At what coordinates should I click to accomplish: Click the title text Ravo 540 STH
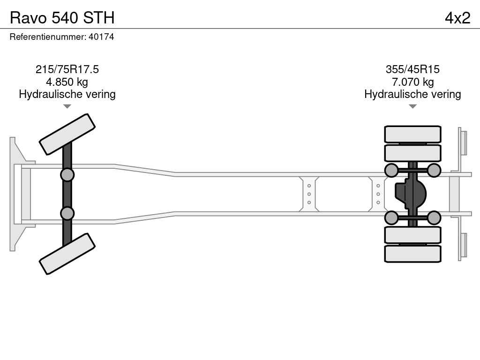click(x=62, y=18)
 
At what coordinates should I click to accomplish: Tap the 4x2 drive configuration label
click(x=457, y=18)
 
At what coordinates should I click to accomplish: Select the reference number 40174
click(x=101, y=37)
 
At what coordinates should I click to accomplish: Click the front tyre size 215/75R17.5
click(x=67, y=69)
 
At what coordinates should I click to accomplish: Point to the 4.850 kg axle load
click(x=67, y=82)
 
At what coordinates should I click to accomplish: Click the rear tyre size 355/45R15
click(x=412, y=69)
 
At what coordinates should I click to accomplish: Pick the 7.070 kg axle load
click(x=412, y=82)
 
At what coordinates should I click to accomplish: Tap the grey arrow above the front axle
click(x=67, y=106)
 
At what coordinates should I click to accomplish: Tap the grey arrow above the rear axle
click(x=412, y=106)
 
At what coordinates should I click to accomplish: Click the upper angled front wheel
click(x=67, y=135)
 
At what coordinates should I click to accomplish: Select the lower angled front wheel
click(x=67, y=254)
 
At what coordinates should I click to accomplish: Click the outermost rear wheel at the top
click(x=412, y=134)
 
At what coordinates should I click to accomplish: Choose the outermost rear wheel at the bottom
click(x=412, y=254)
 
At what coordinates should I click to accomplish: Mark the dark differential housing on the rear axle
click(x=410, y=194)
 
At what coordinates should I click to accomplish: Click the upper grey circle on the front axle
click(x=67, y=175)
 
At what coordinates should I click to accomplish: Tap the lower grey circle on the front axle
click(x=67, y=213)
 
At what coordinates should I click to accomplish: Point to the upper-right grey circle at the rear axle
click(x=434, y=170)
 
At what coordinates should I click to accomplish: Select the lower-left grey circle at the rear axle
click(x=391, y=217)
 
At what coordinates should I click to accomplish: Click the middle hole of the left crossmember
click(x=309, y=194)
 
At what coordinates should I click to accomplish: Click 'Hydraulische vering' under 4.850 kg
click(x=67, y=94)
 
